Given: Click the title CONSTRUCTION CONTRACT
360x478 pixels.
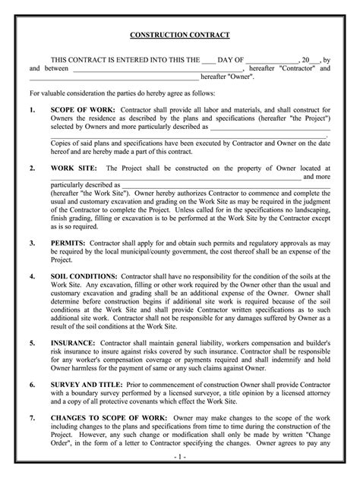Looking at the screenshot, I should (180, 36).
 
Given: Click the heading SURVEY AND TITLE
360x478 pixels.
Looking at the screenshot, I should (87, 385).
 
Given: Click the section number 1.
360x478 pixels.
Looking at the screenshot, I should (32, 109).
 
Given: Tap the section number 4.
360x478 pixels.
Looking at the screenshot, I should (32, 276).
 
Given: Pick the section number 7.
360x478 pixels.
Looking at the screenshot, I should (32, 418).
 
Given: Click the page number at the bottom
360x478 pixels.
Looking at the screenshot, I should (180, 459).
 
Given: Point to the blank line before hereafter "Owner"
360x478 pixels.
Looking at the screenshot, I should (113, 77).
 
